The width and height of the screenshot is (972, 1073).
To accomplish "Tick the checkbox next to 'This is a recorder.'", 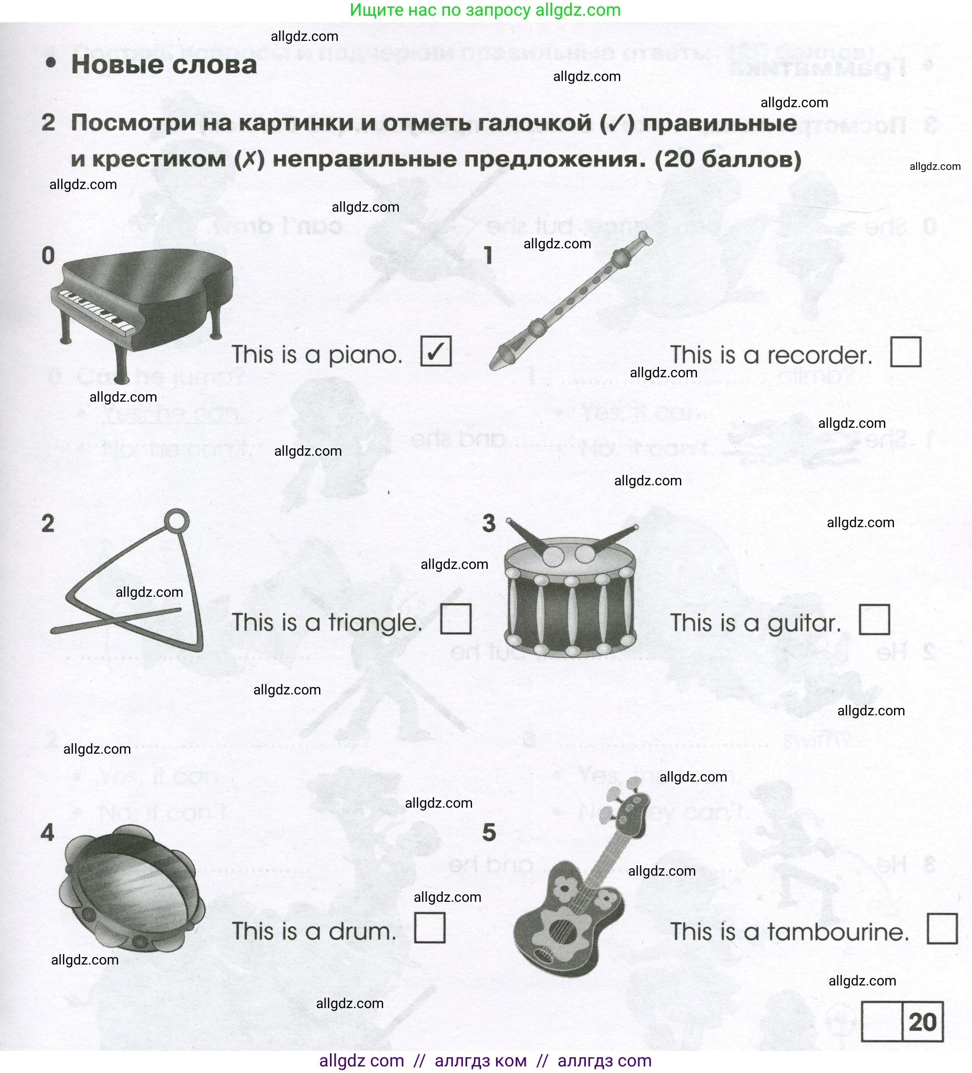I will [x=905, y=352].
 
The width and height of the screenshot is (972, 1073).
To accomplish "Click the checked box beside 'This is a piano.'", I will [x=436, y=351].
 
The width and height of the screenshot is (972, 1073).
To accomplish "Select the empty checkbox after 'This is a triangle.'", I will [x=456, y=619].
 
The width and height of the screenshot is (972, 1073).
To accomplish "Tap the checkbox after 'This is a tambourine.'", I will [x=942, y=928].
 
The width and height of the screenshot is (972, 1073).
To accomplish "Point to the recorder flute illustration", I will [x=570, y=301].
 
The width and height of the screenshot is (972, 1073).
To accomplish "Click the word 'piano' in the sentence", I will [x=365, y=355].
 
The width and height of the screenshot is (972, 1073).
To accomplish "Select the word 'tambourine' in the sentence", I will [x=838, y=932].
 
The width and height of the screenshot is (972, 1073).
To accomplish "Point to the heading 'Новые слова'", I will [x=163, y=64].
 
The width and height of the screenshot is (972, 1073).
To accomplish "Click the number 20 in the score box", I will [x=922, y=1022].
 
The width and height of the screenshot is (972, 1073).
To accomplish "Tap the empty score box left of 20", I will [x=882, y=1022].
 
